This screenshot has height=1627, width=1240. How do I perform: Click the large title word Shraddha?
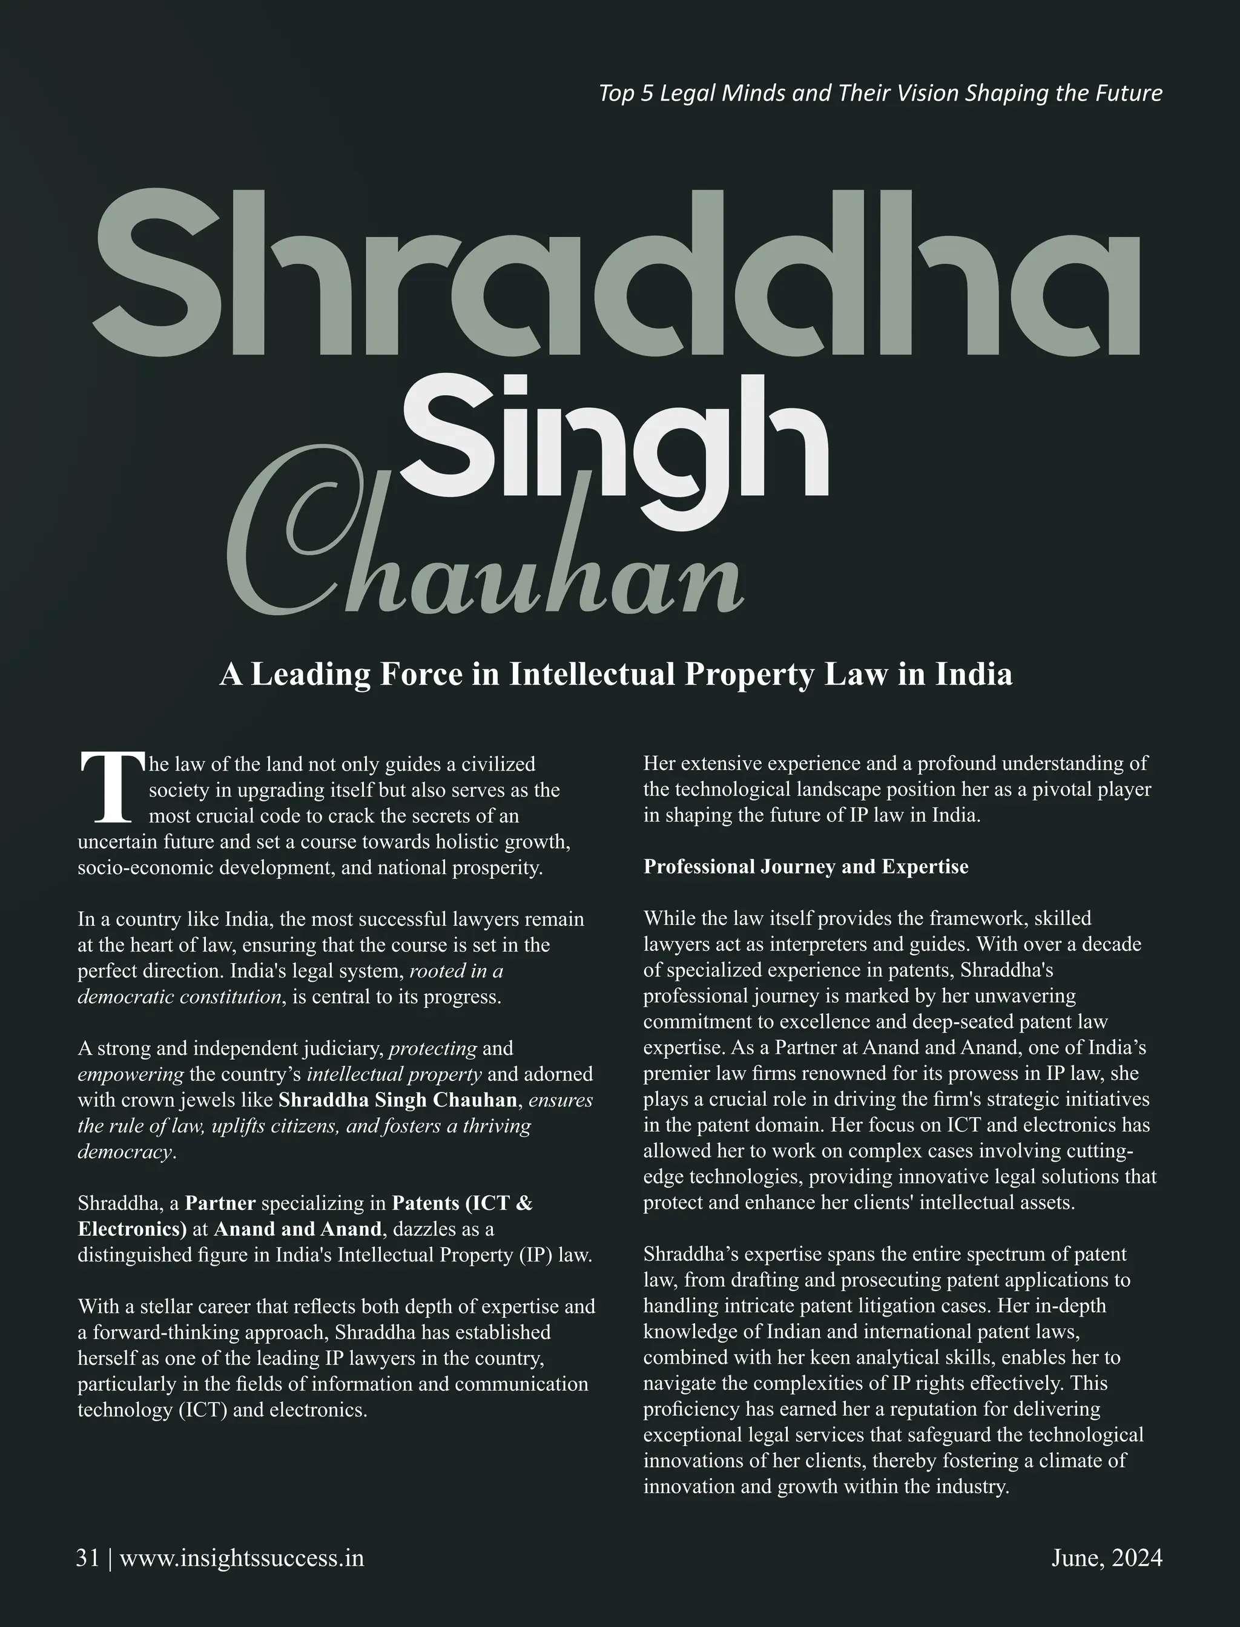click(616, 274)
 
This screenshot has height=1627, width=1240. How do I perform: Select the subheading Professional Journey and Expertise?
click(805, 866)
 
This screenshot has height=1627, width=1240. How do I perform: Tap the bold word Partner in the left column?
click(220, 1203)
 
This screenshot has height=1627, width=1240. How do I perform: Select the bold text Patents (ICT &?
click(462, 1203)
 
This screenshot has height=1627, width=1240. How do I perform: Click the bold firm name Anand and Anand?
click(298, 1229)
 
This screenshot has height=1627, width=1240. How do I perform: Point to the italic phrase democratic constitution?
click(179, 997)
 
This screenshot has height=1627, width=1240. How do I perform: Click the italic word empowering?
click(131, 1074)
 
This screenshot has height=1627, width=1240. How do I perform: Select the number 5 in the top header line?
click(647, 94)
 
